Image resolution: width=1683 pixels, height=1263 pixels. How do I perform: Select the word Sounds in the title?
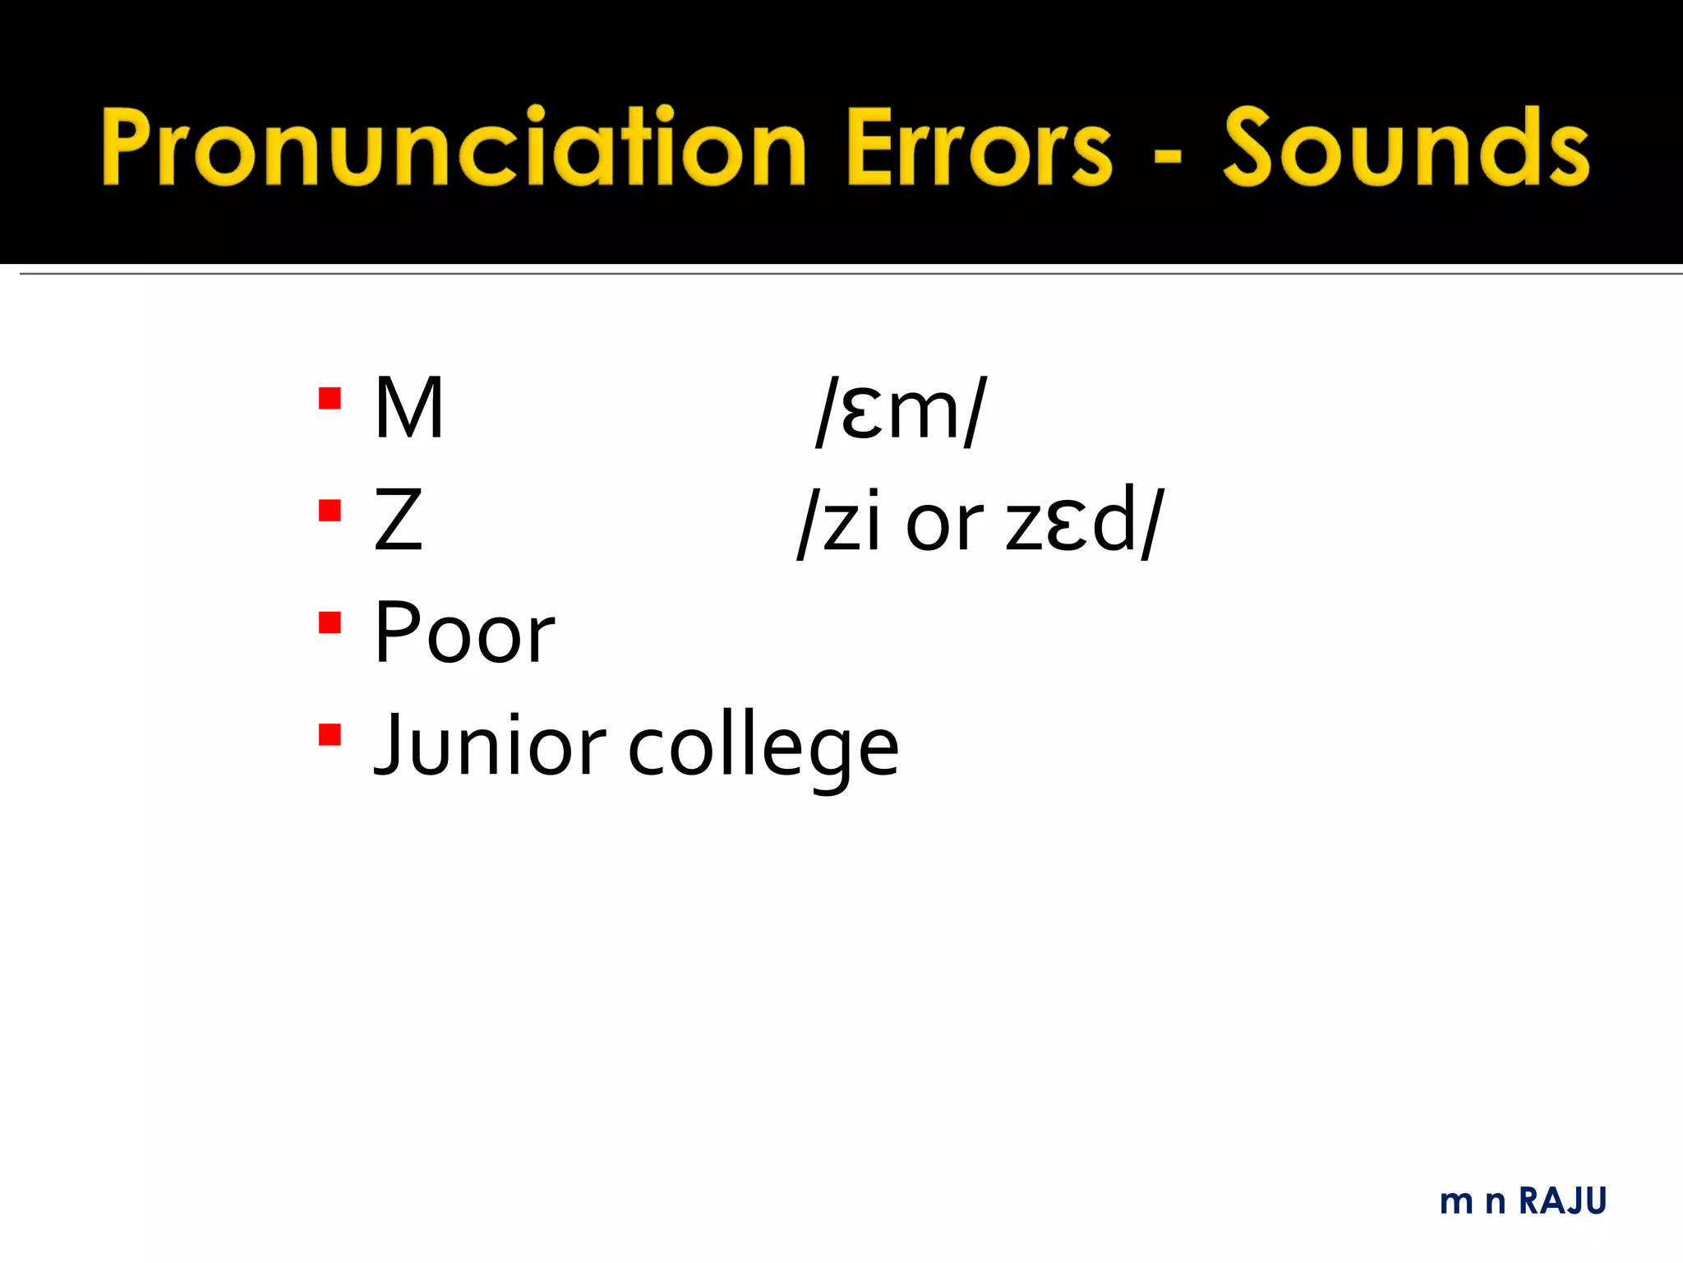1405,148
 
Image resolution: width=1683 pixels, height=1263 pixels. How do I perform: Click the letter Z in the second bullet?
398,520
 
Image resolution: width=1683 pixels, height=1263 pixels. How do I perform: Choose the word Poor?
464,633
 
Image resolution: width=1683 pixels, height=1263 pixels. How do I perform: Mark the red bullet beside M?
330,399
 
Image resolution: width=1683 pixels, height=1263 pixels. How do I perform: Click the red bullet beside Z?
330,511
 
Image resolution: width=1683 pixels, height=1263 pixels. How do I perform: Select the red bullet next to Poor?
330,623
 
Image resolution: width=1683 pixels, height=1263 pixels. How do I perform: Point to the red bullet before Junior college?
330,733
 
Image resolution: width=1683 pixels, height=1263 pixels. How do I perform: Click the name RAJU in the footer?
1562,1201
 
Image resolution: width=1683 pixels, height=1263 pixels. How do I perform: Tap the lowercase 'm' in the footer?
1457,1203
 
